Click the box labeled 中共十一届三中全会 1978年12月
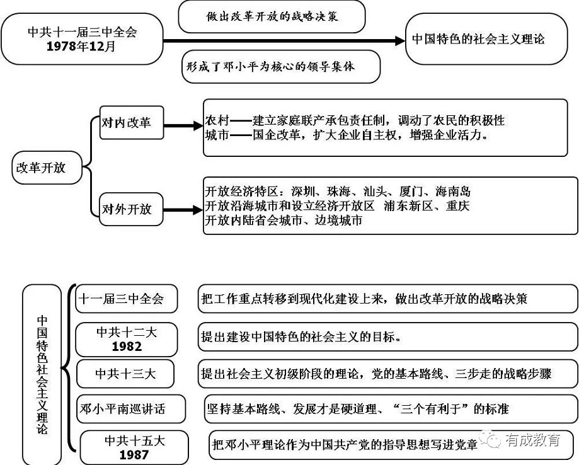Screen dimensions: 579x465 coord(82,39)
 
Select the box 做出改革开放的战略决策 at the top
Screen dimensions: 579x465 coord(272,16)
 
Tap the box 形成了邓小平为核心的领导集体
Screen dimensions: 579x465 coord(281,67)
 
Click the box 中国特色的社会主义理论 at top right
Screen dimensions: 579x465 coord(486,39)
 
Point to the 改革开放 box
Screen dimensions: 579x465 coord(47,168)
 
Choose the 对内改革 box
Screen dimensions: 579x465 coord(132,123)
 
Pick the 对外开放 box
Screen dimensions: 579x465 coord(131,209)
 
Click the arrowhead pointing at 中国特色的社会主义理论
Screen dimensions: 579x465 coord(400,40)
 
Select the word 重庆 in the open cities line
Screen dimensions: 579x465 coord(457,205)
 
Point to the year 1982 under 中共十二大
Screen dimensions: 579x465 coord(127,347)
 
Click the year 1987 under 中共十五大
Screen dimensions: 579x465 coord(134,454)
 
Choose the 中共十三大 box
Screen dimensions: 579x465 coord(125,374)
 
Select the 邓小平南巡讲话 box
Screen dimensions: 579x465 coord(130,409)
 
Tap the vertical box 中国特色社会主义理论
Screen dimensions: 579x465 coord(42,374)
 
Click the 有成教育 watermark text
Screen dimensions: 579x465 coord(533,440)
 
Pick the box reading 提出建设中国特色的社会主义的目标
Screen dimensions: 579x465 coord(387,337)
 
